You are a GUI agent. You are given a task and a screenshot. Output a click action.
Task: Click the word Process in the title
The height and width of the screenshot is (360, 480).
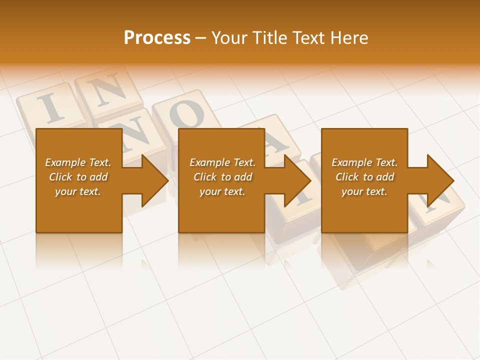click(x=157, y=38)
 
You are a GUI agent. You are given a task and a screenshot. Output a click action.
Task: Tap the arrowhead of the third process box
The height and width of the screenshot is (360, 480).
click(x=439, y=180)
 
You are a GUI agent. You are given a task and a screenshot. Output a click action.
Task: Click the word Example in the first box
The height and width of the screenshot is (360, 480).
click(x=65, y=162)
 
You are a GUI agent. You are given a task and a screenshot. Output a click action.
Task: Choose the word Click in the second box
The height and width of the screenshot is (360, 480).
click(x=205, y=177)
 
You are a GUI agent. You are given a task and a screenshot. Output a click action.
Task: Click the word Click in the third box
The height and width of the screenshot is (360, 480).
click(x=347, y=177)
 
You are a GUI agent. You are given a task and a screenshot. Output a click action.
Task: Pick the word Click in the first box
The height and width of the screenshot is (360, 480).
click(x=60, y=177)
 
